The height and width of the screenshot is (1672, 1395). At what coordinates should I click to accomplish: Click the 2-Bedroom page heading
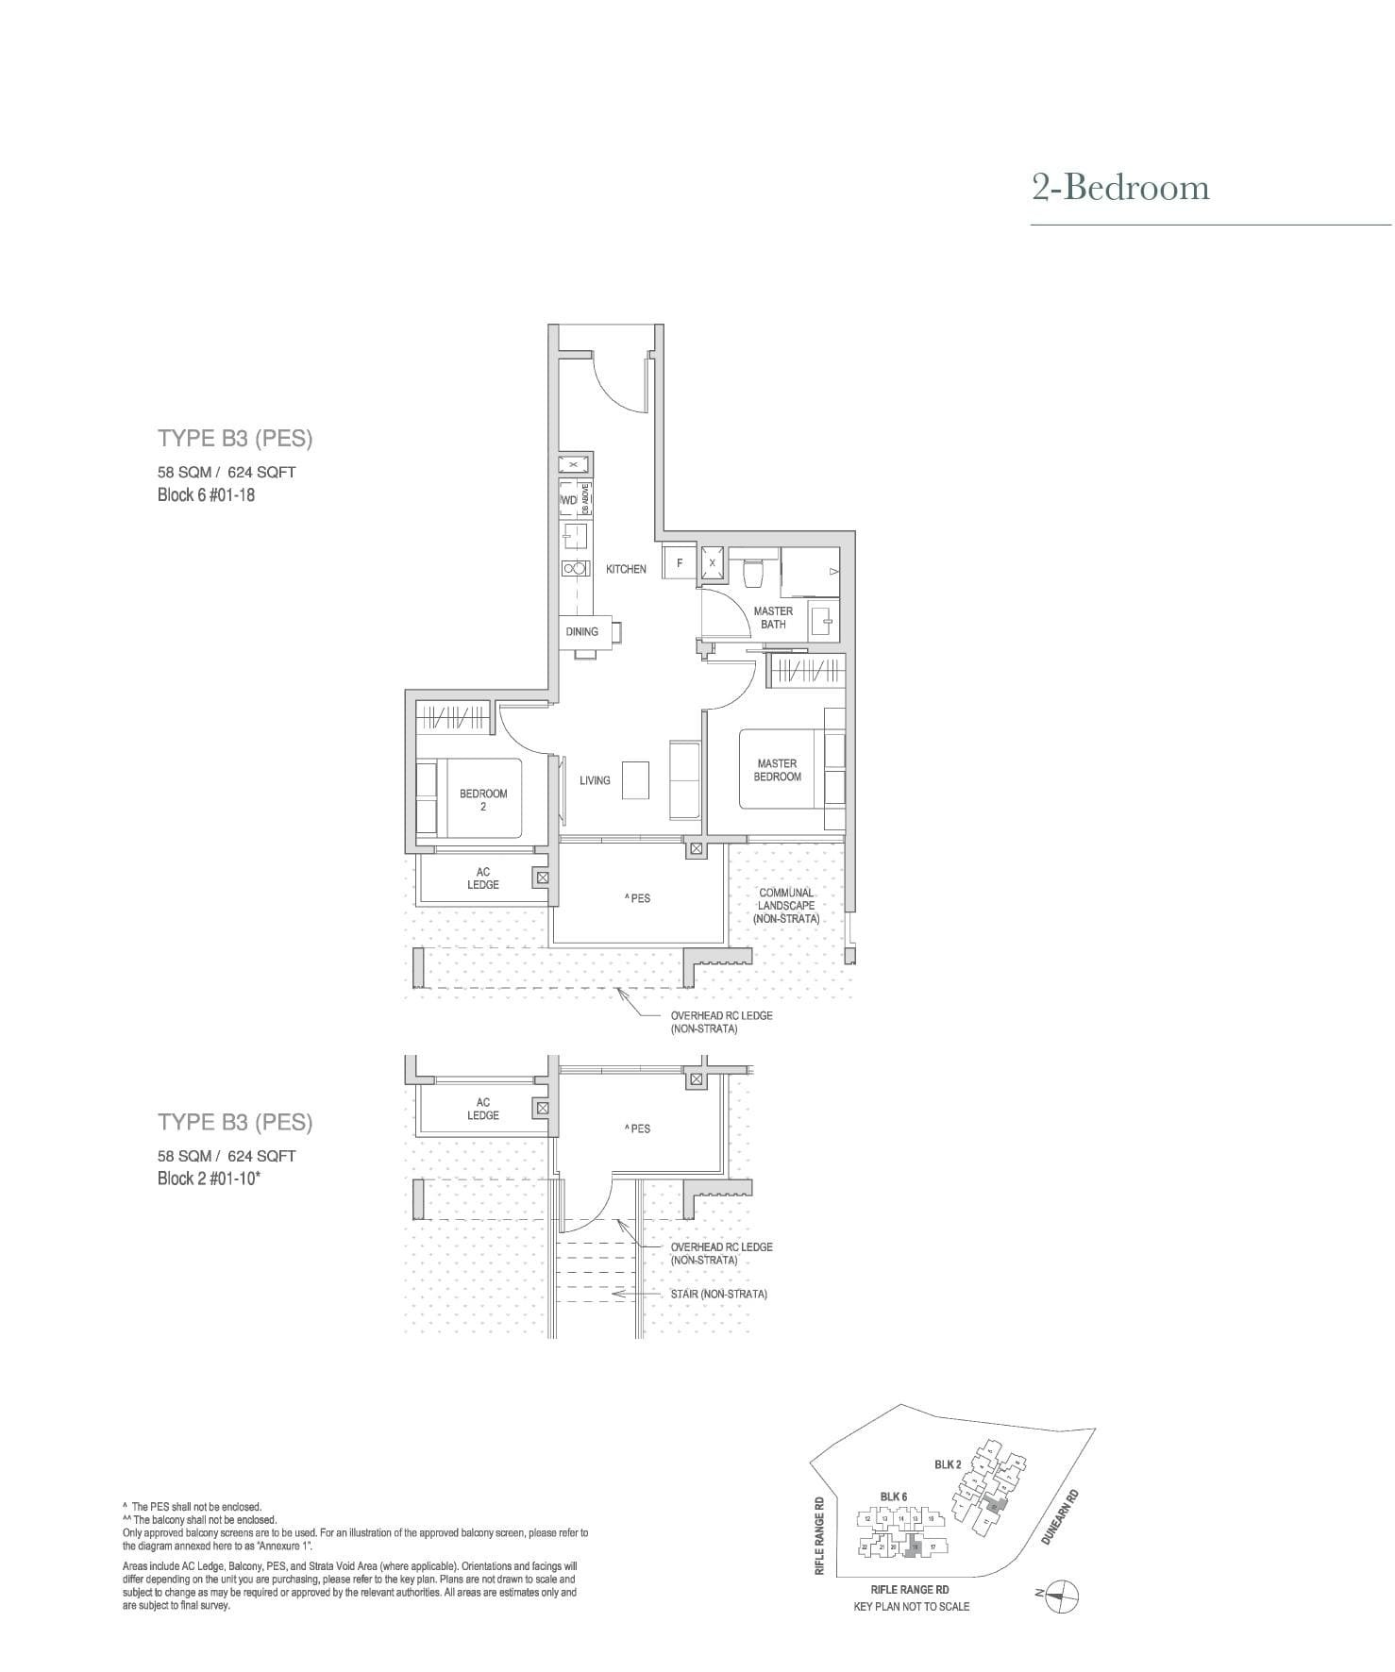[1120, 188]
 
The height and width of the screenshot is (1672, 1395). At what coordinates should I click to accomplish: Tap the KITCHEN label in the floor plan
[626, 569]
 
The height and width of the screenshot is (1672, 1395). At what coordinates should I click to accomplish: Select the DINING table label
[582, 631]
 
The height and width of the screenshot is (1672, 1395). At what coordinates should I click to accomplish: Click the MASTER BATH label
[773, 617]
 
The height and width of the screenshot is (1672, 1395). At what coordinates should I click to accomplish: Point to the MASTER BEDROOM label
[777, 770]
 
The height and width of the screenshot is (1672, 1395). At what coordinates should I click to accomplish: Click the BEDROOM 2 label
[483, 799]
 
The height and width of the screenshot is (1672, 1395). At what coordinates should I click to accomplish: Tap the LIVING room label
[595, 780]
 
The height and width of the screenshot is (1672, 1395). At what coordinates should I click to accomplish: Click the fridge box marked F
[680, 562]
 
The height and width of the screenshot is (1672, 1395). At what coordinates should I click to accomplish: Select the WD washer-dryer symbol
[568, 500]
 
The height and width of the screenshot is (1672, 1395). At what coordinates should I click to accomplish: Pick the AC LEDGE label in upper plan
[482, 878]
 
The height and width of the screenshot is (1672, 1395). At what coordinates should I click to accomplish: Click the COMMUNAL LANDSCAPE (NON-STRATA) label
[786, 905]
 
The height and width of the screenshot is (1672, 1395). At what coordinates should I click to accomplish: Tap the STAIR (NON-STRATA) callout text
[718, 1294]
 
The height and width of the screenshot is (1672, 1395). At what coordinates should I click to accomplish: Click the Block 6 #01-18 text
[206, 495]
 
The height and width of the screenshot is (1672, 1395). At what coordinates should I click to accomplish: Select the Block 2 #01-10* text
[209, 1179]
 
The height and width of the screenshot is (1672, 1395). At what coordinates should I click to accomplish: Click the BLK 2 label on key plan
[948, 1463]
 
